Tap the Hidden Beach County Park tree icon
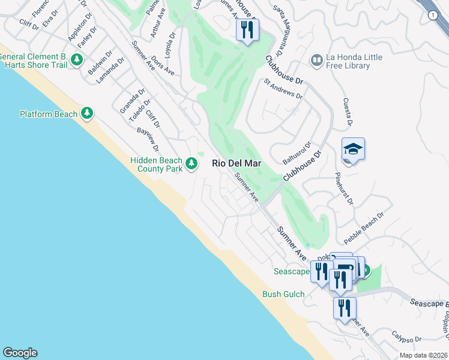point(191,163)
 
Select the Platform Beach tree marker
point(87,113)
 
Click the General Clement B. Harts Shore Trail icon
point(76,59)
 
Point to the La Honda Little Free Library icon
point(316,60)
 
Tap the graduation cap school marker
point(353,150)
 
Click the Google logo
point(20,353)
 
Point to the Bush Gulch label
point(284,294)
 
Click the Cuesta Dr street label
point(346,113)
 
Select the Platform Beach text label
point(49,114)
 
